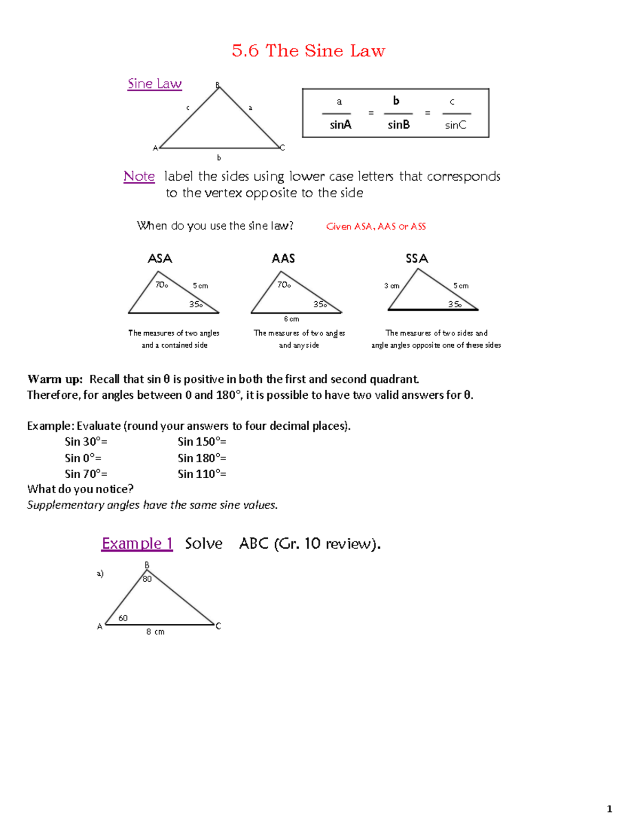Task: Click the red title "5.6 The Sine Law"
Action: point(308,51)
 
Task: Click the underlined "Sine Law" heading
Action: point(155,84)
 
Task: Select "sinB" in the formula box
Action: point(398,125)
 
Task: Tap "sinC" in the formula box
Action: point(455,125)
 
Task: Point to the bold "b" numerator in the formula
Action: point(396,101)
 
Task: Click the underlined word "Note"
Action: point(139,176)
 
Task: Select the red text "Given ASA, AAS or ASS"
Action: point(375,226)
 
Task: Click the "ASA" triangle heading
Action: point(160,259)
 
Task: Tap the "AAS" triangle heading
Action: point(283,259)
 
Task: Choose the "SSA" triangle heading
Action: point(417,259)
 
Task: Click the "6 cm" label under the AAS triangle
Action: point(291,319)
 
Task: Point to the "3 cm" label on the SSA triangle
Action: point(391,286)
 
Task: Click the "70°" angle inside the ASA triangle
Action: point(162,285)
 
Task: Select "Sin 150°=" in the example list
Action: point(202,441)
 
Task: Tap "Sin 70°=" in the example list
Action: point(86,473)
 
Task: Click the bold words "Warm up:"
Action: point(55,379)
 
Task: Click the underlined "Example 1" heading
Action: point(137,543)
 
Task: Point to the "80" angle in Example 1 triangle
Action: point(147,579)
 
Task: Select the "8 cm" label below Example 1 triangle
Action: point(155,632)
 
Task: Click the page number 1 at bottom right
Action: point(609,809)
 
